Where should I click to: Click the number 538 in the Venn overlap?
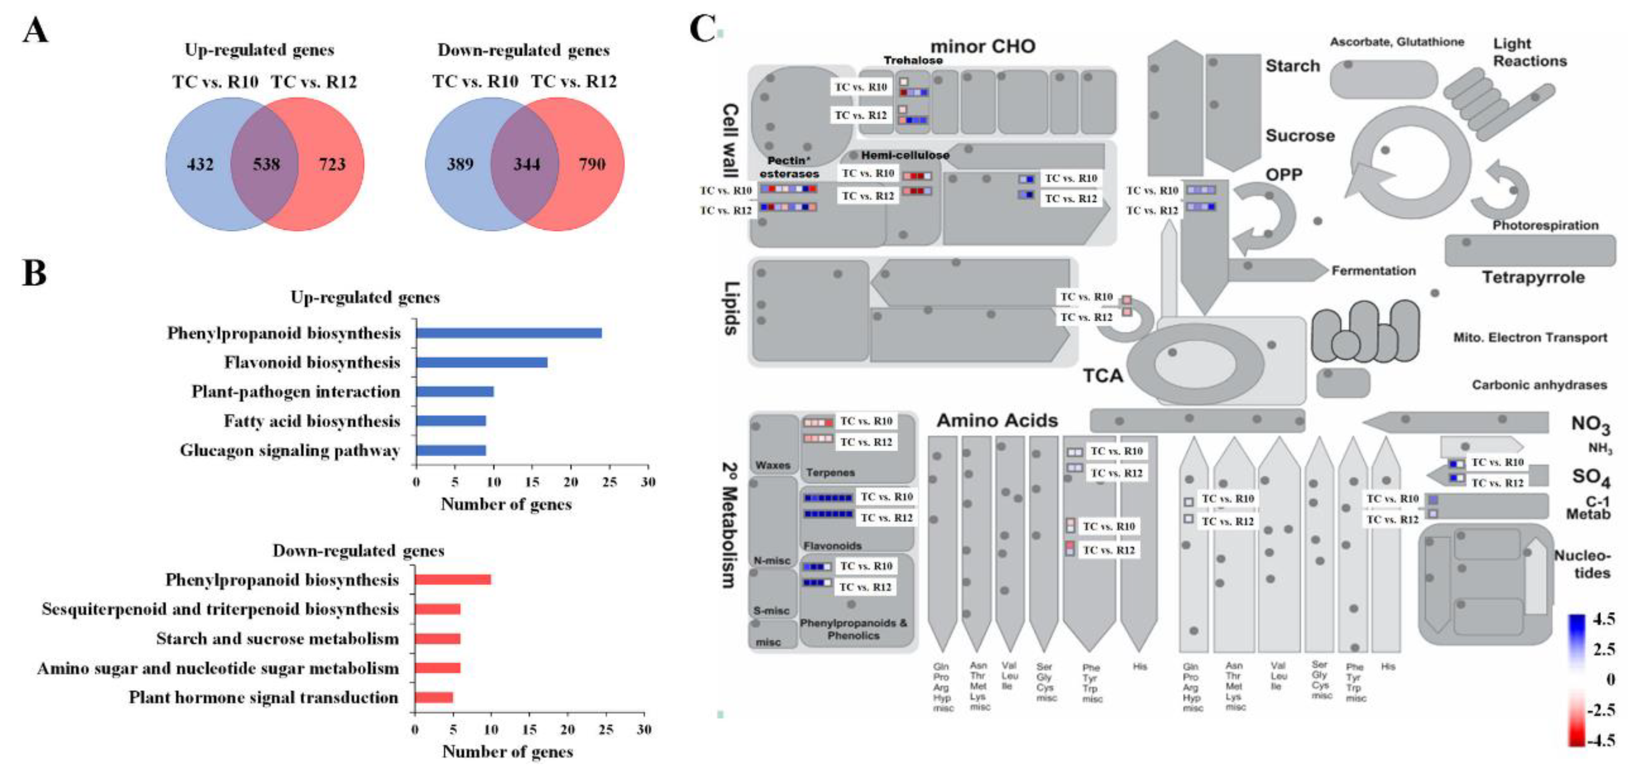pyautogui.click(x=266, y=165)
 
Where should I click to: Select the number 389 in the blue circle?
pyautogui.click(x=460, y=165)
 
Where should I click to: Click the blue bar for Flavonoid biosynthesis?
pyautogui.click(x=481, y=363)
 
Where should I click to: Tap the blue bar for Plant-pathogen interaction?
pyautogui.click(x=455, y=392)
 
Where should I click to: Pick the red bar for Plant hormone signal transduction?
pyautogui.click(x=434, y=697)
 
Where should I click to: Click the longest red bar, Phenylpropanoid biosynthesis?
pyautogui.click(x=453, y=580)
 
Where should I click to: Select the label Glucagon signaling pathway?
pyautogui.click(x=290, y=450)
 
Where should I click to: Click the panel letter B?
pyautogui.click(x=34, y=274)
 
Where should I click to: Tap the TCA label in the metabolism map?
pyautogui.click(x=1103, y=376)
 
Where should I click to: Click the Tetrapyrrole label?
pyautogui.click(x=1533, y=277)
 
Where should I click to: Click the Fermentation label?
pyautogui.click(x=1373, y=271)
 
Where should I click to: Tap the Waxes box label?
pyautogui.click(x=772, y=466)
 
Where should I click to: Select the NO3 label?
pyautogui.click(x=1590, y=424)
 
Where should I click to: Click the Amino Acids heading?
pyautogui.click(x=997, y=421)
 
